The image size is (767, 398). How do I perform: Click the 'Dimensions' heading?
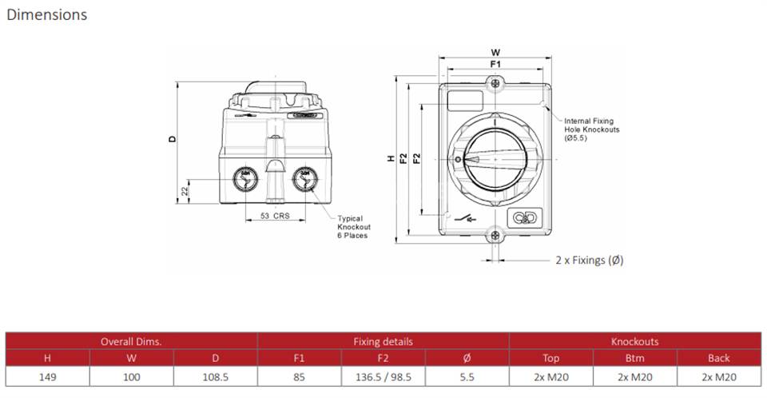click(x=47, y=14)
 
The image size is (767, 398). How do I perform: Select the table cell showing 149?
click(x=47, y=377)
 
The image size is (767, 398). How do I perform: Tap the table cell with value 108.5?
click(x=215, y=377)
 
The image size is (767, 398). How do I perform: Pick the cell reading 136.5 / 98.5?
click(x=383, y=377)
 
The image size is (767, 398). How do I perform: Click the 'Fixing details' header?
click(x=383, y=341)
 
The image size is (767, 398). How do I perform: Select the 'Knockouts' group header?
click(x=635, y=341)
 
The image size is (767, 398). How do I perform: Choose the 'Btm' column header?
click(x=635, y=358)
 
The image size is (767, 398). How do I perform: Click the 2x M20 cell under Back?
click(x=719, y=377)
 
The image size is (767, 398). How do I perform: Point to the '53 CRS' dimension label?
click(x=275, y=216)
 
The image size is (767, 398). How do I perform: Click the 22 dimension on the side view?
click(x=185, y=191)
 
